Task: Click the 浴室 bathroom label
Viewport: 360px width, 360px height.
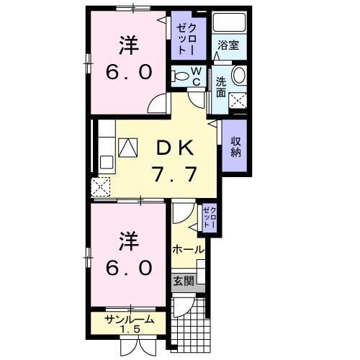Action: point(230,45)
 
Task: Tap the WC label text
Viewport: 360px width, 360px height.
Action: point(195,76)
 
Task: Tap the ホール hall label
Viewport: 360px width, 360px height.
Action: point(187,249)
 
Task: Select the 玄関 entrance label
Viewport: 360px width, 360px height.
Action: point(182,281)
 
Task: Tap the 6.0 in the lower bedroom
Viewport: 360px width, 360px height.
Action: point(130,268)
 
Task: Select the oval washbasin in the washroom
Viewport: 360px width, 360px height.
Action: point(239,77)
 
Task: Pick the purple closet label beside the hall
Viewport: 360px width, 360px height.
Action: point(208,217)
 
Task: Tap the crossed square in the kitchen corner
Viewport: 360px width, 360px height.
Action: point(102,187)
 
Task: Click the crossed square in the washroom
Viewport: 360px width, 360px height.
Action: point(238,102)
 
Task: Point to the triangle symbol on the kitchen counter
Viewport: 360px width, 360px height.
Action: point(127,148)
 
